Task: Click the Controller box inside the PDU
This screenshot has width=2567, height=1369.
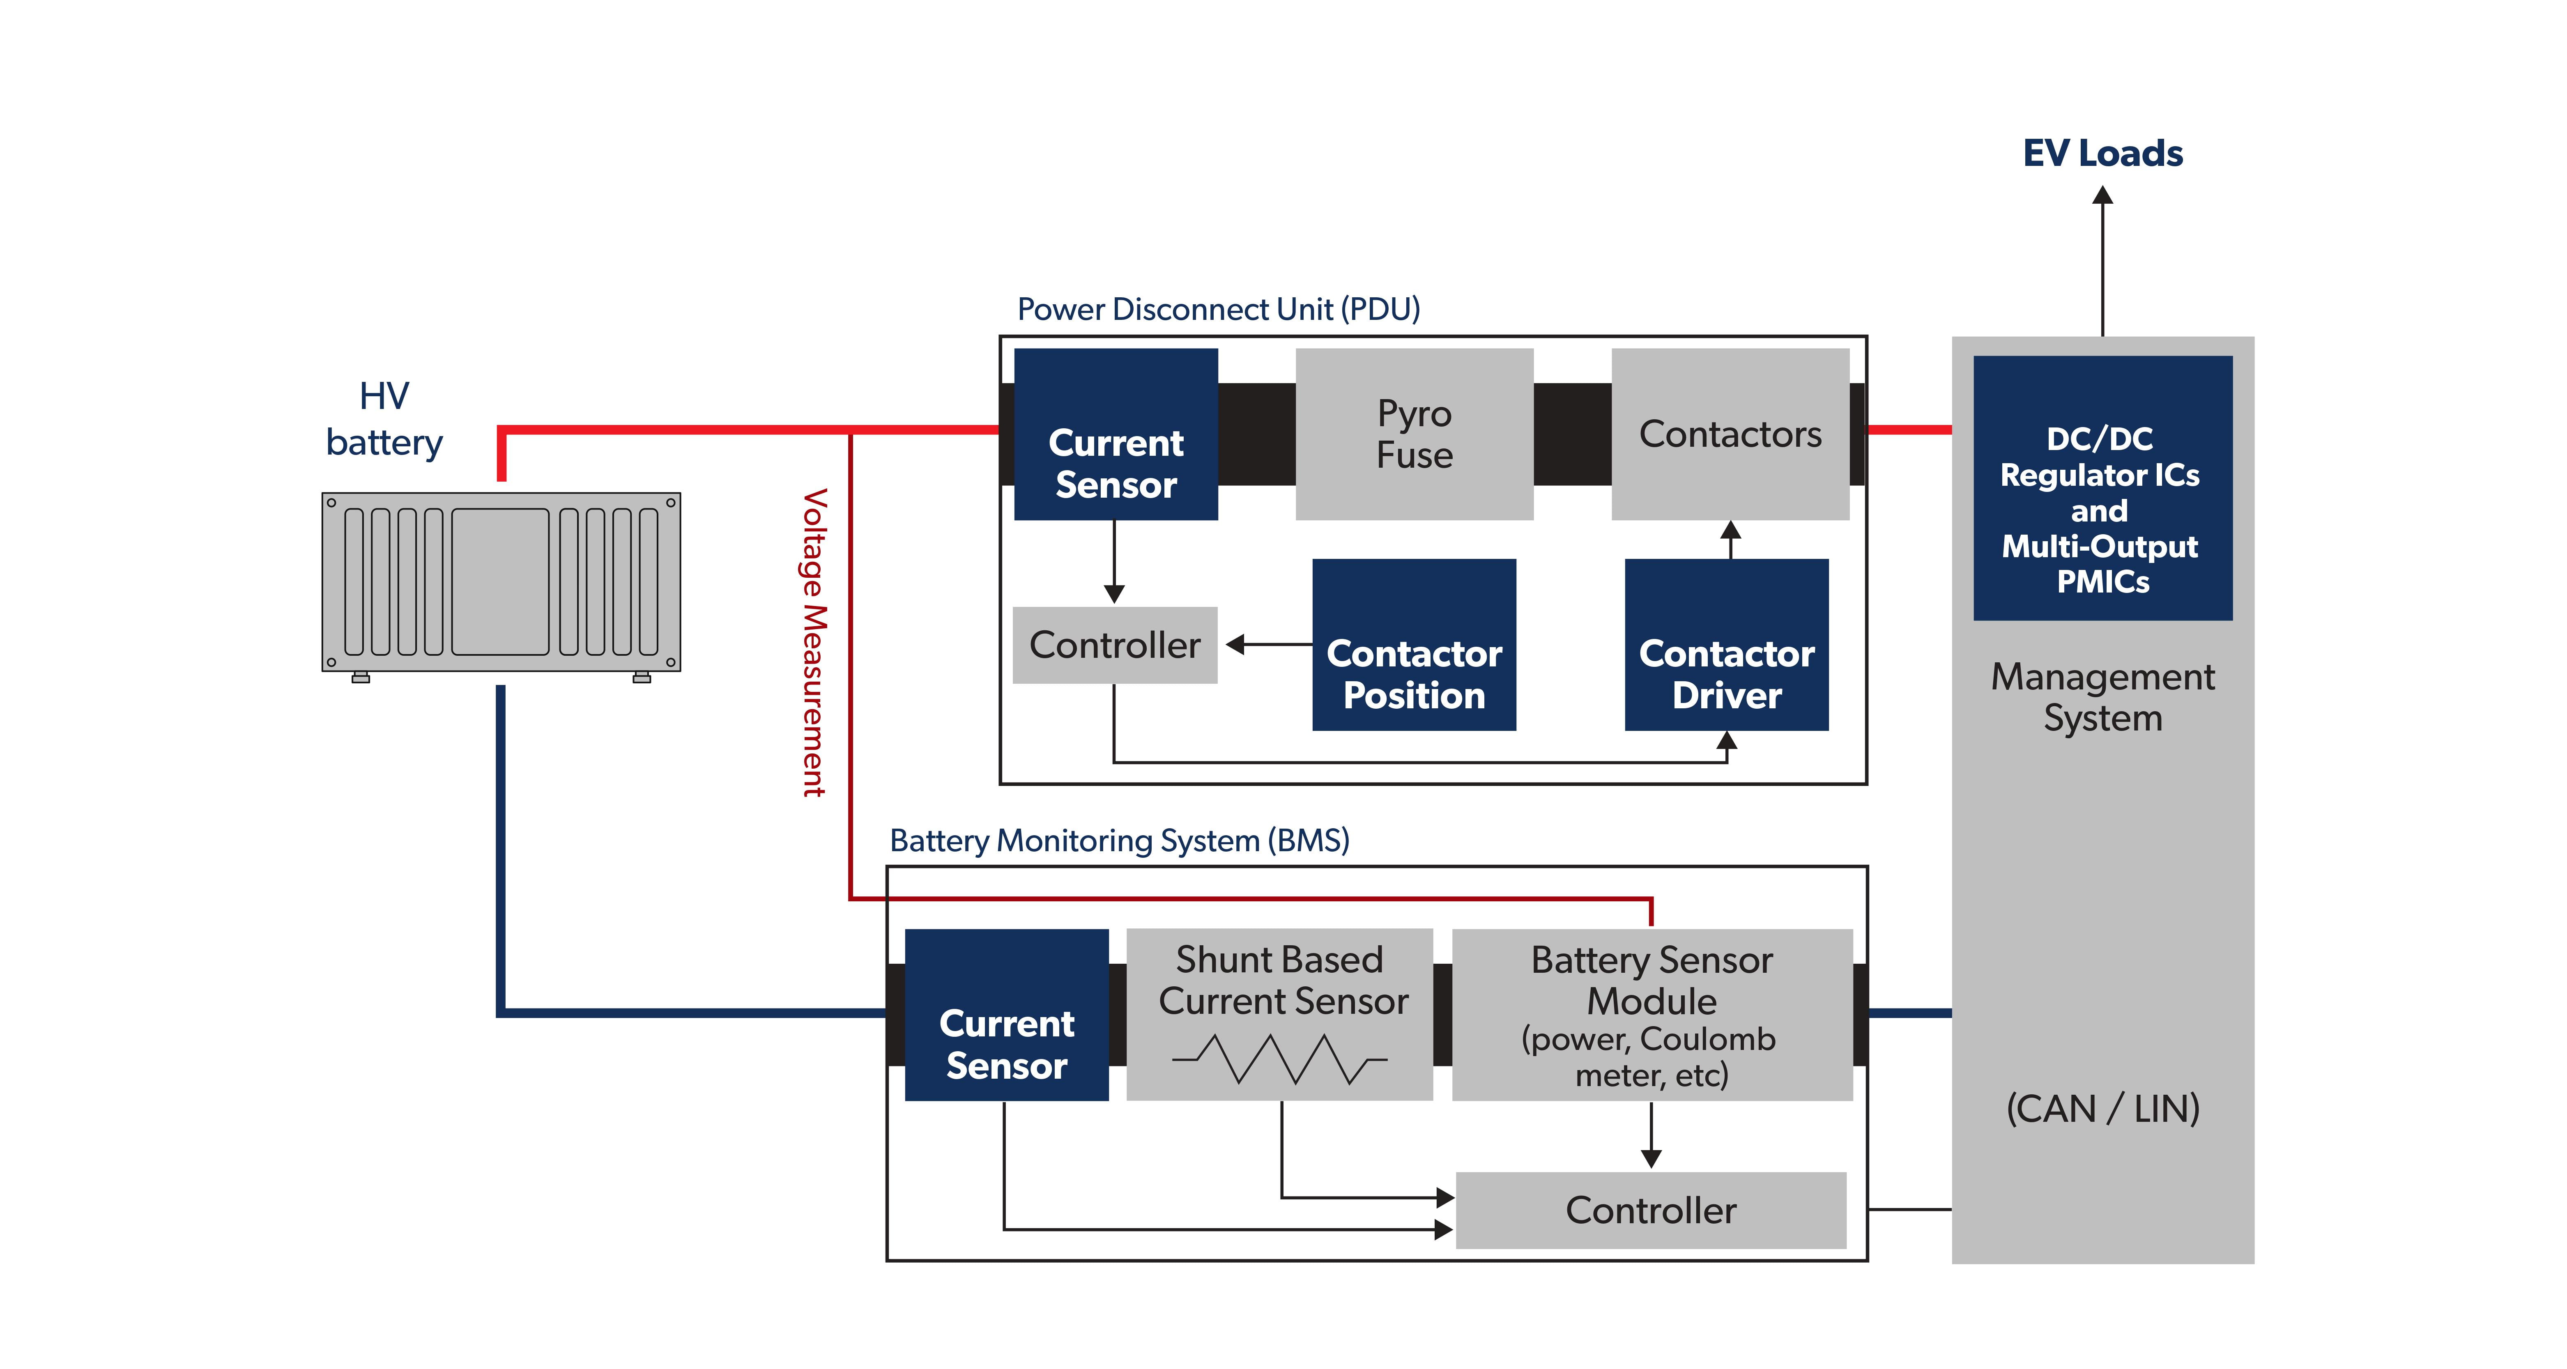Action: click(1114, 645)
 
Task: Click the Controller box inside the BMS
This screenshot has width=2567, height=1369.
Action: click(1650, 1210)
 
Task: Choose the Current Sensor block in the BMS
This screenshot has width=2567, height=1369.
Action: click(1007, 1014)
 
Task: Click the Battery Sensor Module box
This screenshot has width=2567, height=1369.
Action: click(1651, 1014)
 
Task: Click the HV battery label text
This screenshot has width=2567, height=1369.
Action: click(385, 418)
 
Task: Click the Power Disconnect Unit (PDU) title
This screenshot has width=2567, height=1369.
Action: click(1218, 309)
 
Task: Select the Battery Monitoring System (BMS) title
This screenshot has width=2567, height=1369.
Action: click(1119, 840)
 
